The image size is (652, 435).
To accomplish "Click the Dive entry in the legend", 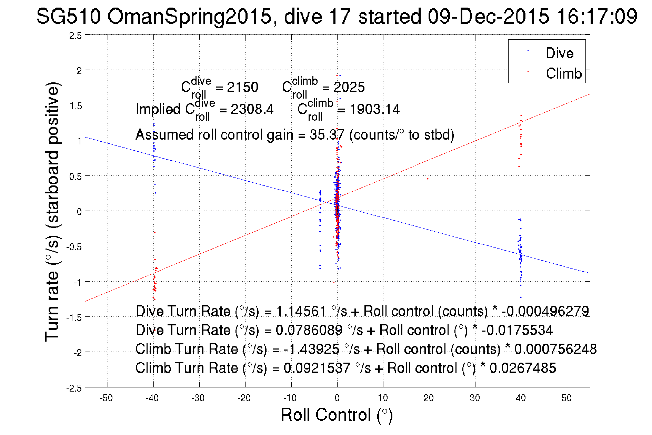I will click(559, 53).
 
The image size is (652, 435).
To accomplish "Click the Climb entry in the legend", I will click(563, 73).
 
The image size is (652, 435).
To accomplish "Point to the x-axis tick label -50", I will click(106, 398).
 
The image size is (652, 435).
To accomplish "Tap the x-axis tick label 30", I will click(474, 398).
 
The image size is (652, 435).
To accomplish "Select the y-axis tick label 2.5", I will click(76, 36).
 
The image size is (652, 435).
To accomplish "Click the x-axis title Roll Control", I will click(337, 415).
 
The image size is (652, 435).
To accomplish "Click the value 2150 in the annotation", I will click(242, 87).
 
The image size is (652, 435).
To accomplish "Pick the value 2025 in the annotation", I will click(349, 87).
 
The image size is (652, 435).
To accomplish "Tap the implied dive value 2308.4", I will click(252, 110).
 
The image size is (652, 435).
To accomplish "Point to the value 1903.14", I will click(374, 110).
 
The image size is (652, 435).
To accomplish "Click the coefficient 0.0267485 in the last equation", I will click(523, 368).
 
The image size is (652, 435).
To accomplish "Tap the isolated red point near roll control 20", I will click(428, 179).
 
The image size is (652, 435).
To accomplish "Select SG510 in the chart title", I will click(68, 17).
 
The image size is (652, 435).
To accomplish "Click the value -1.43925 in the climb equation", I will click(311, 349).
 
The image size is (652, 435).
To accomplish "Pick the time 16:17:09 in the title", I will click(596, 17).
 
